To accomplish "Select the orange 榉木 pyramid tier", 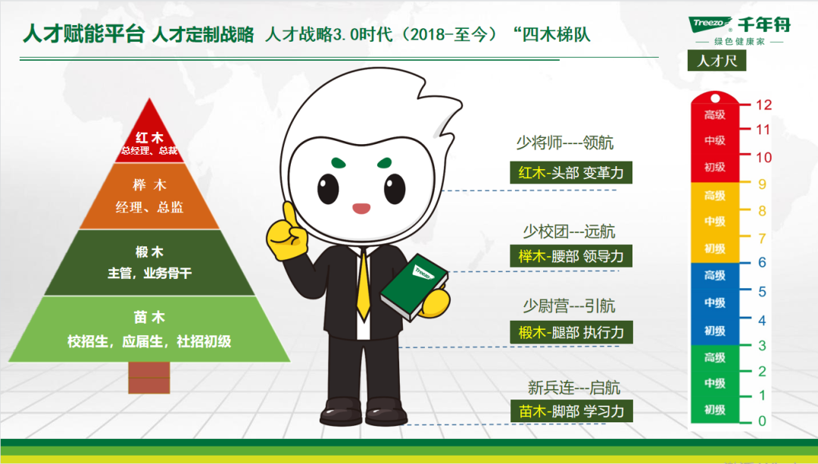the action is coord(150,196).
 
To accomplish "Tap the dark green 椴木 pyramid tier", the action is coord(150,262).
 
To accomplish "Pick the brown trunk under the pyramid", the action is coord(149,378).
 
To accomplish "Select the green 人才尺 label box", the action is coord(717,61).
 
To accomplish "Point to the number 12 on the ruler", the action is coord(763,105).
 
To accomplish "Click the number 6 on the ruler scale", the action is coord(762,262).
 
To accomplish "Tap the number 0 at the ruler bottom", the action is coord(762,421).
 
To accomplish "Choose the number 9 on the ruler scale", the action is coord(762,183).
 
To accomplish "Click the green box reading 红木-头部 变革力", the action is coord(571,173).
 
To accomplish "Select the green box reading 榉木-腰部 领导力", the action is coord(571,256).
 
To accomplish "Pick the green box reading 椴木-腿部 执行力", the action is coord(571,332).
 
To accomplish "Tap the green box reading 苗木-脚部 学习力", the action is coord(572,411).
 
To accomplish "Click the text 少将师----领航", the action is coord(564,143).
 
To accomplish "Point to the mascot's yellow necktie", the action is coord(363,284).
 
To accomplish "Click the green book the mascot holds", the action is coord(414,287).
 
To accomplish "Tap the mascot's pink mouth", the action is coord(361,208).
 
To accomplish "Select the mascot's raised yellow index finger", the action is coord(289,215).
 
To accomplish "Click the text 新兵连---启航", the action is coord(574,387).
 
